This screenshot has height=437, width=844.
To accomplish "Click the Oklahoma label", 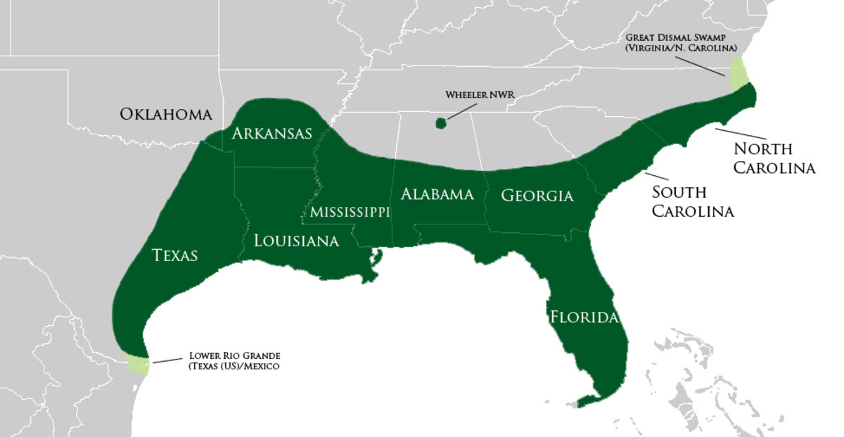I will [165, 114].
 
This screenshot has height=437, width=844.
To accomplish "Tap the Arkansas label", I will [272, 133].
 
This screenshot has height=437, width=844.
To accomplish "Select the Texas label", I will [175, 255].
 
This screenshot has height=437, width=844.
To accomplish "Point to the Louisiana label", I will [296, 241].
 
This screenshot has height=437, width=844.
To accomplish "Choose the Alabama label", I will [437, 194].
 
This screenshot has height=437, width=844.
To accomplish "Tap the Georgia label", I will [537, 196].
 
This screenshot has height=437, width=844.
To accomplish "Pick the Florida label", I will [584, 317].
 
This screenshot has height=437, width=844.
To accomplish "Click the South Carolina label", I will [692, 201].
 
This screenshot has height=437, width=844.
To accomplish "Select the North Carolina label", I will [774, 158].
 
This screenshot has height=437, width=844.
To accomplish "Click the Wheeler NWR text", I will [475, 94].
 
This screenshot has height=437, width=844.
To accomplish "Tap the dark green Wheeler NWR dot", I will [441, 123].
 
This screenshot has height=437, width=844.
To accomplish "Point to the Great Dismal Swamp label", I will [679, 42].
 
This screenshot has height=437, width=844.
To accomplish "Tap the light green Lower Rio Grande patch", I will [138, 365].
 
